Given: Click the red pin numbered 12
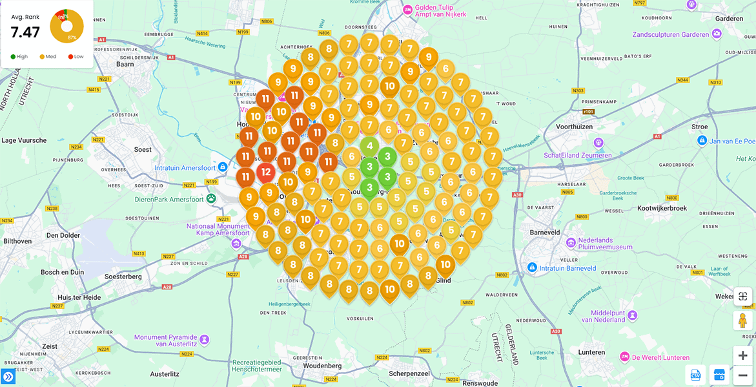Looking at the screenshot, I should click(266, 173).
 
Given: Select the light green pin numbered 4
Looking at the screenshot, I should click(369, 146).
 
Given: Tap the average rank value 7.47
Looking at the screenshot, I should click(25, 32).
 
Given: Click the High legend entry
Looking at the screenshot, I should click(19, 57).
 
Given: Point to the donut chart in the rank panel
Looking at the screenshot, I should click(66, 26).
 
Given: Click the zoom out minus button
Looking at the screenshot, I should click(742, 375).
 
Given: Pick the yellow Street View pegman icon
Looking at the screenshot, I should click(742, 320).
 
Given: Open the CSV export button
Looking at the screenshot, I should click(696, 375).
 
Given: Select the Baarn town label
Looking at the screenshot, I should click(125, 64).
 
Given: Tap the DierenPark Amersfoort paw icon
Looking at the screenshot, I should click(211, 199).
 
